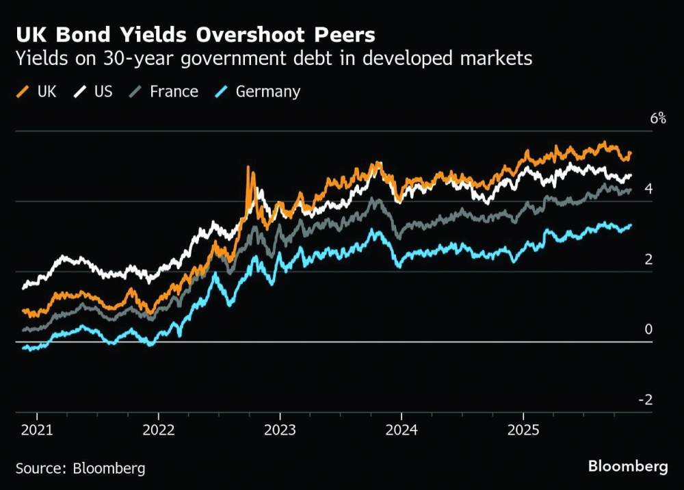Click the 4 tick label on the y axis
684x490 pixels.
click(648, 189)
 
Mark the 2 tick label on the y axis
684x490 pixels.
click(648, 259)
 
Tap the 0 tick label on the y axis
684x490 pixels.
click(648, 329)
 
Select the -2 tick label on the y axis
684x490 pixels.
click(645, 400)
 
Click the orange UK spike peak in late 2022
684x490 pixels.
click(248, 167)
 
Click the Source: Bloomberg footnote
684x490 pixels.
click(80, 469)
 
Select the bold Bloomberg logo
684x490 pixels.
click(628, 467)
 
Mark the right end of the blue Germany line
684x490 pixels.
click(630, 225)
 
